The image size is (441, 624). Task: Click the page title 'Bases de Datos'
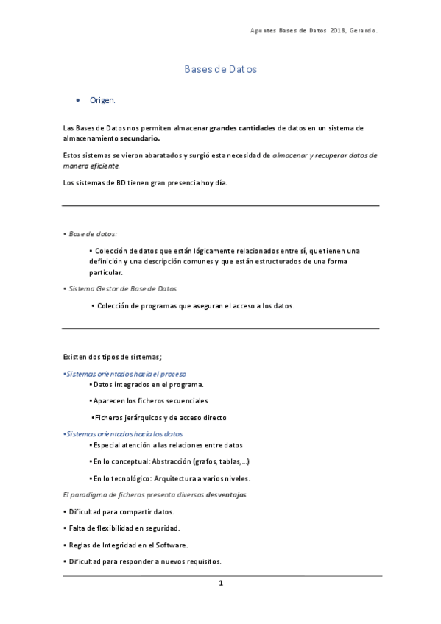point(220,69)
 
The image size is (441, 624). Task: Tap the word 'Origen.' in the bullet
point(102,99)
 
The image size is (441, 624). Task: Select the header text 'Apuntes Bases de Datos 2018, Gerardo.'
point(318,30)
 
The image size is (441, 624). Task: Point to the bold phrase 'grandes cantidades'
point(242,128)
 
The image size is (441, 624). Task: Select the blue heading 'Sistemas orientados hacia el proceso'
point(126,374)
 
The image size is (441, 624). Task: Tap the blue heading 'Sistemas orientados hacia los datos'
point(124,434)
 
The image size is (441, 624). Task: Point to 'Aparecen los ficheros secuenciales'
point(150,401)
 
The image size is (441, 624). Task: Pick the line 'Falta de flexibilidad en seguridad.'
point(124,528)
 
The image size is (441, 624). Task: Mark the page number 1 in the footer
point(220,584)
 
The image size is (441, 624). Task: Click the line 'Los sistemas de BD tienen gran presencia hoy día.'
point(144,182)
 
